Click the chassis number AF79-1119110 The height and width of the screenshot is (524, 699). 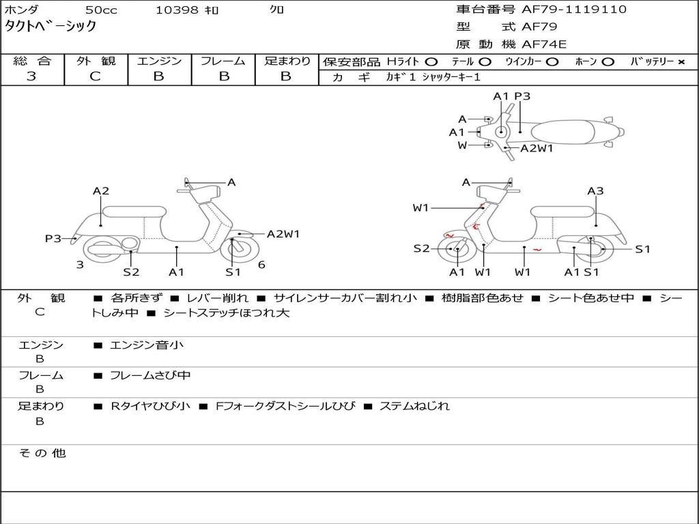coord(573,10)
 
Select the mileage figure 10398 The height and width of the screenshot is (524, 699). coord(177,10)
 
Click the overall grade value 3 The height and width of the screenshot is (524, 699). coord(31,76)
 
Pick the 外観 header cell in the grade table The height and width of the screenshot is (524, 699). coord(96,61)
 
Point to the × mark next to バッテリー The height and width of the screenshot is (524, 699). coord(681,62)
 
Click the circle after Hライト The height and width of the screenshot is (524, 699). coord(431,62)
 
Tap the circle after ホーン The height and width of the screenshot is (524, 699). coord(608,62)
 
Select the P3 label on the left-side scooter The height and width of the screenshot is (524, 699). coord(53,238)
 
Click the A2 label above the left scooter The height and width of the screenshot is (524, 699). coord(101,191)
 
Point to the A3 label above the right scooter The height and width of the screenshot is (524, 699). coord(595,191)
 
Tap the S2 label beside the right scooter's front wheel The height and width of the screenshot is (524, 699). coord(422,248)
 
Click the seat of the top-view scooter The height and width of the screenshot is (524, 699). coord(562,132)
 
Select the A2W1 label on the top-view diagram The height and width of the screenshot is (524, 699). coord(537,148)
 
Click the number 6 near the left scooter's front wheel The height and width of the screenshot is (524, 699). coord(261,265)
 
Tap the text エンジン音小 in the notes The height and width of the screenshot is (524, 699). coord(146,345)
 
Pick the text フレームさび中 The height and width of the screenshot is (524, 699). coord(150,376)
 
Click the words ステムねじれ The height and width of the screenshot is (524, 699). coord(414,406)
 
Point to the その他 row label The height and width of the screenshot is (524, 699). coord(42,453)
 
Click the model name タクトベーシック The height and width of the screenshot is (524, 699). coord(51,26)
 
